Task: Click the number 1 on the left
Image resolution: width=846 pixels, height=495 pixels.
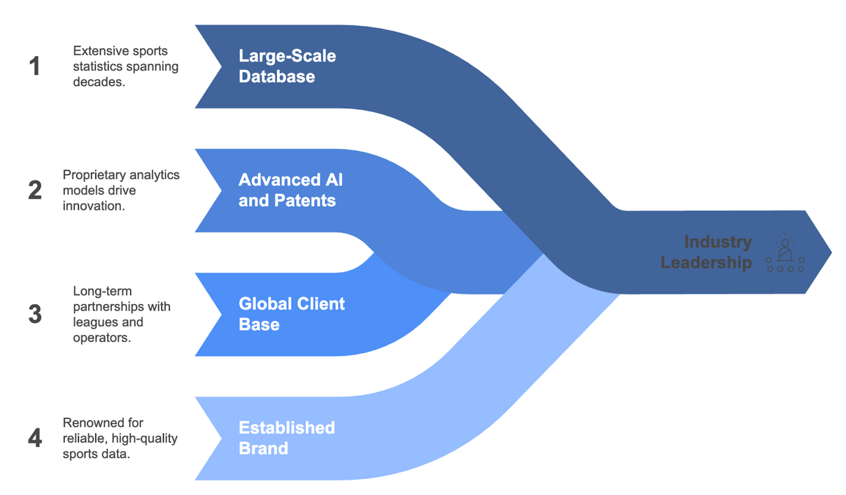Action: coord(34,66)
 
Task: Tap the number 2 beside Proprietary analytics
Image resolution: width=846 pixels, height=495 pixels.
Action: coord(35,190)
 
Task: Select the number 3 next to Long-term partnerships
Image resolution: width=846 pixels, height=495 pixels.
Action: coord(35,314)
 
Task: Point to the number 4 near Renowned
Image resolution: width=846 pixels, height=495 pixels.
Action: coord(35,438)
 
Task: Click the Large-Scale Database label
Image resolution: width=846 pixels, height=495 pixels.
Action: coord(287,66)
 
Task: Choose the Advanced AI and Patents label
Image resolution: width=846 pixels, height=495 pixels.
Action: coord(290,190)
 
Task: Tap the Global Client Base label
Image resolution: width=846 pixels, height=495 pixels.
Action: coord(292,314)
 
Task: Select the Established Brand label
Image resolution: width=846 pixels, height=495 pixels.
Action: coord(287,438)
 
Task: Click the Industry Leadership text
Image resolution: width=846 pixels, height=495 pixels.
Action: coord(706,252)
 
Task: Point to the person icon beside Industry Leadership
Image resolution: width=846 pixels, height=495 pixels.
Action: coord(785,253)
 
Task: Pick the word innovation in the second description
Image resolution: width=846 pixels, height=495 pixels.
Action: coord(94,206)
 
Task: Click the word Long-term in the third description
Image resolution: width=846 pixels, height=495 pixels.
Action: coord(102,292)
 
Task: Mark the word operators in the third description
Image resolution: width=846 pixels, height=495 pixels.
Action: coord(102,338)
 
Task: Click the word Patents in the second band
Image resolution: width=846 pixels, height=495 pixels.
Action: coord(305,201)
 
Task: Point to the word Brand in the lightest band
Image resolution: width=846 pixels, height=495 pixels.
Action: coord(263,449)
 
